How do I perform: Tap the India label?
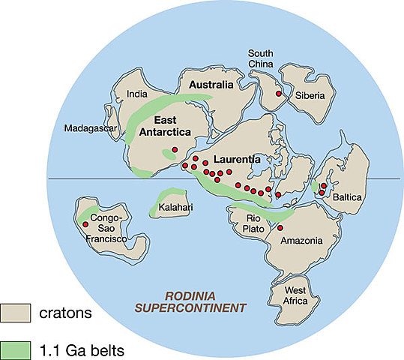(138, 94)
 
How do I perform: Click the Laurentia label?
(237, 159)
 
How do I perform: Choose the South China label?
(265, 59)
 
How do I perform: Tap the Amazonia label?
(301, 241)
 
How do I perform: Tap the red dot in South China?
(278, 94)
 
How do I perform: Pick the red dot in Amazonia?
(280, 228)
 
